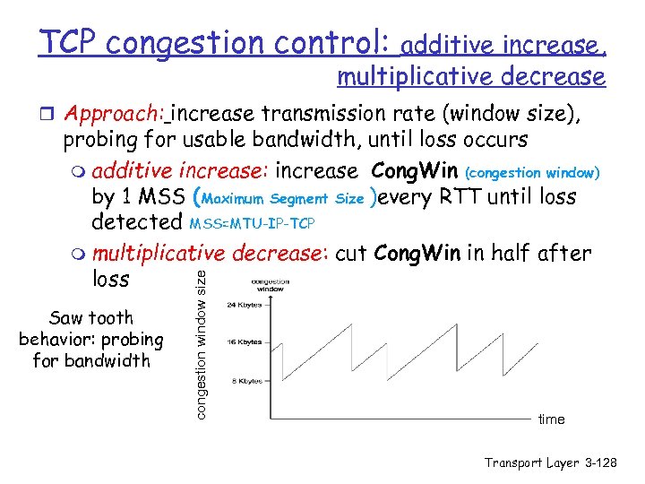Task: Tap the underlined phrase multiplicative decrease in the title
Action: point(470,77)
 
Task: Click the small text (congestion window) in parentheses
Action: point(533,172)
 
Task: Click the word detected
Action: point(136,221)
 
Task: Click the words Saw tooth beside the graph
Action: point(91,318)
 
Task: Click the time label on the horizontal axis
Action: point(551,419)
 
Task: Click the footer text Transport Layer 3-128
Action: point(551,462)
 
